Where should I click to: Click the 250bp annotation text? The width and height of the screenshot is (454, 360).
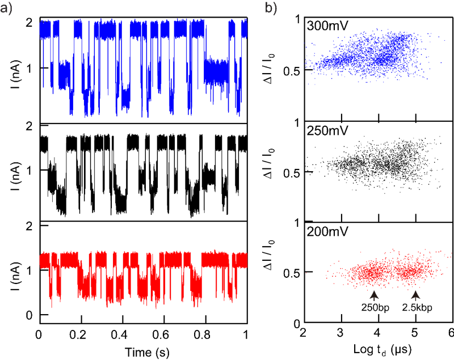[x=374, y=308]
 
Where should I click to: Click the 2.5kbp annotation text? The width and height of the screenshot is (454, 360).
[x=416, y=308]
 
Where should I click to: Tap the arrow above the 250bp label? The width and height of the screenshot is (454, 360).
[x=374, y=295]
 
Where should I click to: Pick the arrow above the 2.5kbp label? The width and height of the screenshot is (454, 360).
[x=416, y=295]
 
